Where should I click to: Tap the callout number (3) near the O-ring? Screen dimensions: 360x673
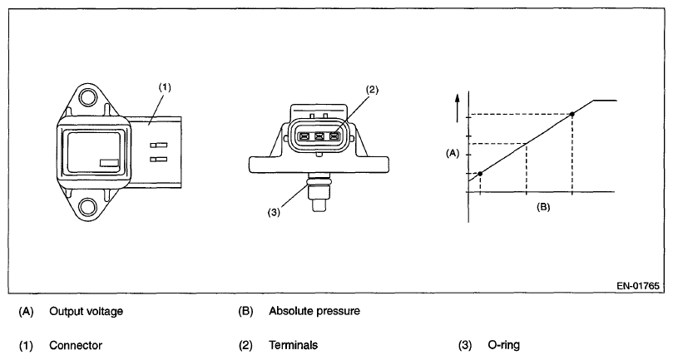[x=274, y=211]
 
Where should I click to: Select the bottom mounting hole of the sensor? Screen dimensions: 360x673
[x=87, y=205]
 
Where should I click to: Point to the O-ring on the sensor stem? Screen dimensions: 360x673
[x=319, y=179]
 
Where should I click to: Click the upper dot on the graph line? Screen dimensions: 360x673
[x=572, y=114]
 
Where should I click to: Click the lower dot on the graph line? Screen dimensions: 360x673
[x=480, y=173]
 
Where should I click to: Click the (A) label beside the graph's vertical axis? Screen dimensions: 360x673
[x=453, y=153]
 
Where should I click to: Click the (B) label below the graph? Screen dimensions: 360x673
[x=542, y=205]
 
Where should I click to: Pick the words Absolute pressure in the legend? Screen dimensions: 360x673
[x=314, y=312]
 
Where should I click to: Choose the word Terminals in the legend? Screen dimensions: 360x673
[x=292, y=344]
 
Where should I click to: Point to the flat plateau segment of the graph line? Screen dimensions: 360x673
[x=604, y=100]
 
